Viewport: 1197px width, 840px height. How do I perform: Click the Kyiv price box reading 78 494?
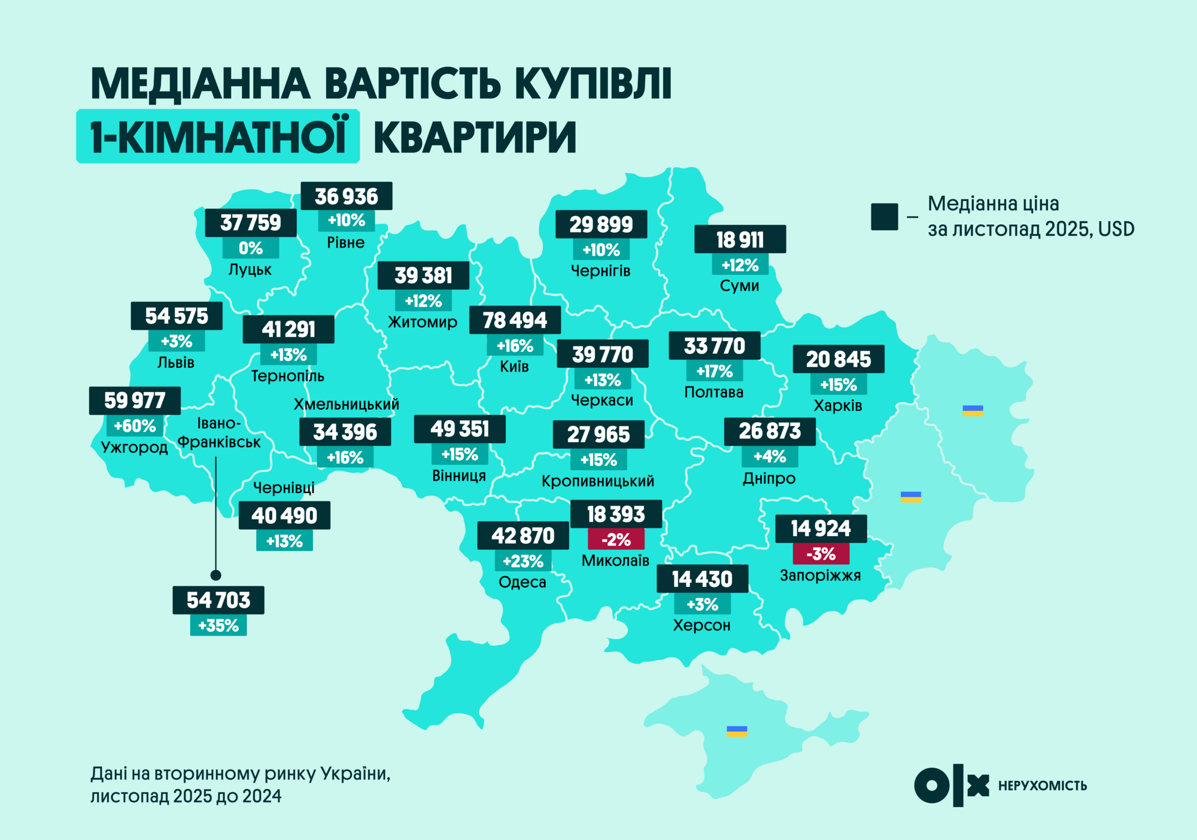[x=515, y=320]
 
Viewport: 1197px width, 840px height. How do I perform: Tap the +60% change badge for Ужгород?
[x=135, y=426]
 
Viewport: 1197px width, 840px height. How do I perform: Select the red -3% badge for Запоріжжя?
[x=821, y=554]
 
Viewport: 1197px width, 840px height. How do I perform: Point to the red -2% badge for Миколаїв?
[x=616, y=540]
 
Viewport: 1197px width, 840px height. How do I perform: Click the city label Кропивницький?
[x=597, y=481]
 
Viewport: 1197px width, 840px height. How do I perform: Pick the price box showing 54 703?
[x=218, y=600]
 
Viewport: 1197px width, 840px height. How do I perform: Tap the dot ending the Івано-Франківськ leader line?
[x=216, y=575]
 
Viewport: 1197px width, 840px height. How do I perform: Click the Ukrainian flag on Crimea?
[x=737, y=731]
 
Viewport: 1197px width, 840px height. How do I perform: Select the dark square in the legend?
[x=884, y=217]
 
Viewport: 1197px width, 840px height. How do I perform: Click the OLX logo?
[x=951, y=785]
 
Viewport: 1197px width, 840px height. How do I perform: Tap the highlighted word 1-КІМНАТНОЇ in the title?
[x=218, y=136]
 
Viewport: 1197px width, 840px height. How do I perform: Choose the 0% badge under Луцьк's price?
[x=251, y=248]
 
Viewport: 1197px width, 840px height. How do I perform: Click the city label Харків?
[x=838, y=406]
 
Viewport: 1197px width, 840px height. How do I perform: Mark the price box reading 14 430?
[x=702, y=579]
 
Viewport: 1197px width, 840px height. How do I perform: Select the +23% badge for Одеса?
[x=523, y=561]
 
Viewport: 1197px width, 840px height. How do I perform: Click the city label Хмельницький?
[x=346, y=404]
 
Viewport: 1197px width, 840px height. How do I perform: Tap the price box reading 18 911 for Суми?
[x=740, y=239]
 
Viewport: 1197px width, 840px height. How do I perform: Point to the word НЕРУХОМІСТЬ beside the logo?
[x=1042, y=786]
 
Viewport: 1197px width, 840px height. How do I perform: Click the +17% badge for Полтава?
[x=714, y=372]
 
